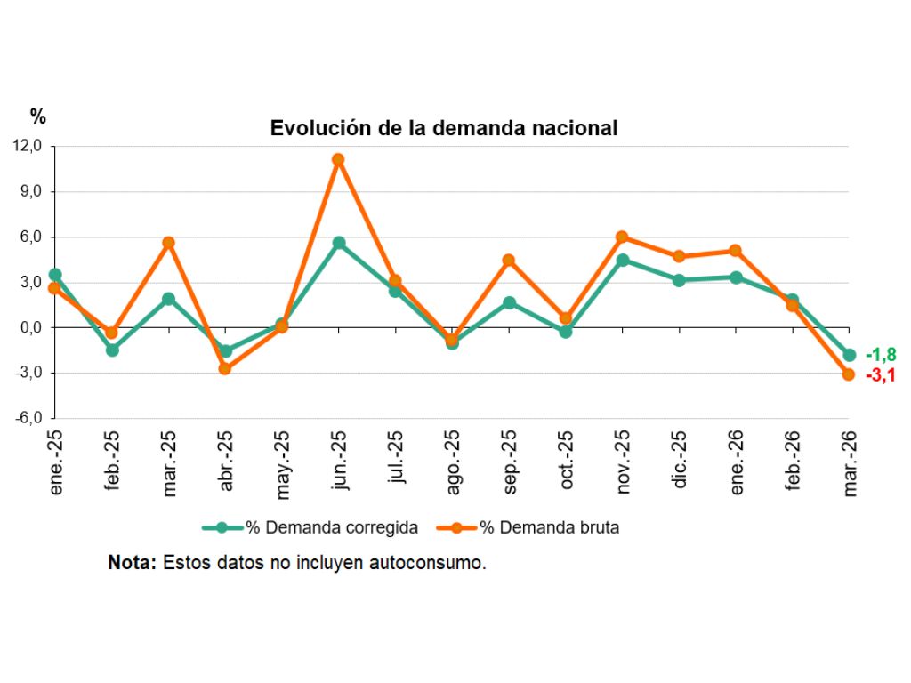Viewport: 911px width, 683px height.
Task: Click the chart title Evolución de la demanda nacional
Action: (x=443, y=128)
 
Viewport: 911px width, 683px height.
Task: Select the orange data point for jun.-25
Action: (x=338, y=160)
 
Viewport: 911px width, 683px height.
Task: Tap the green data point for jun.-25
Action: (x=338, y=243)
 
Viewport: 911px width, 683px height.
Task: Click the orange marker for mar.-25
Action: (x=168, y=243)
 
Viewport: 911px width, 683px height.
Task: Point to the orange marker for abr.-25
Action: (x=225, y=368)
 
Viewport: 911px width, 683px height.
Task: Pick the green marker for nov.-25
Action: (x=622, y=261)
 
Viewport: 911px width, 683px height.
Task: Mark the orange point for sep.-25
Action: (x=509, y=261)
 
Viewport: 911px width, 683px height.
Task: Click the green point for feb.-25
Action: (x=112, y=350)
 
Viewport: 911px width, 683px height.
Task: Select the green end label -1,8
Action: (x=880, y=356)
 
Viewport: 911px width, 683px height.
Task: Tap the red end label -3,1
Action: (x=880, y=375)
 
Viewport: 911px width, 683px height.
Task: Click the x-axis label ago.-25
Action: (x=453, y=459)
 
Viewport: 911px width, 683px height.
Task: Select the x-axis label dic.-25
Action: (x=680, y=459)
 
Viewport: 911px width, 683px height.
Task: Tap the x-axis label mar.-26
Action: (x=850, y=459)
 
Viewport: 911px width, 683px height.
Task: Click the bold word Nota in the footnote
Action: (x=131, y=563)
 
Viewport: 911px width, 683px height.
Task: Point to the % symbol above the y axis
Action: (x=37, y=116)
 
